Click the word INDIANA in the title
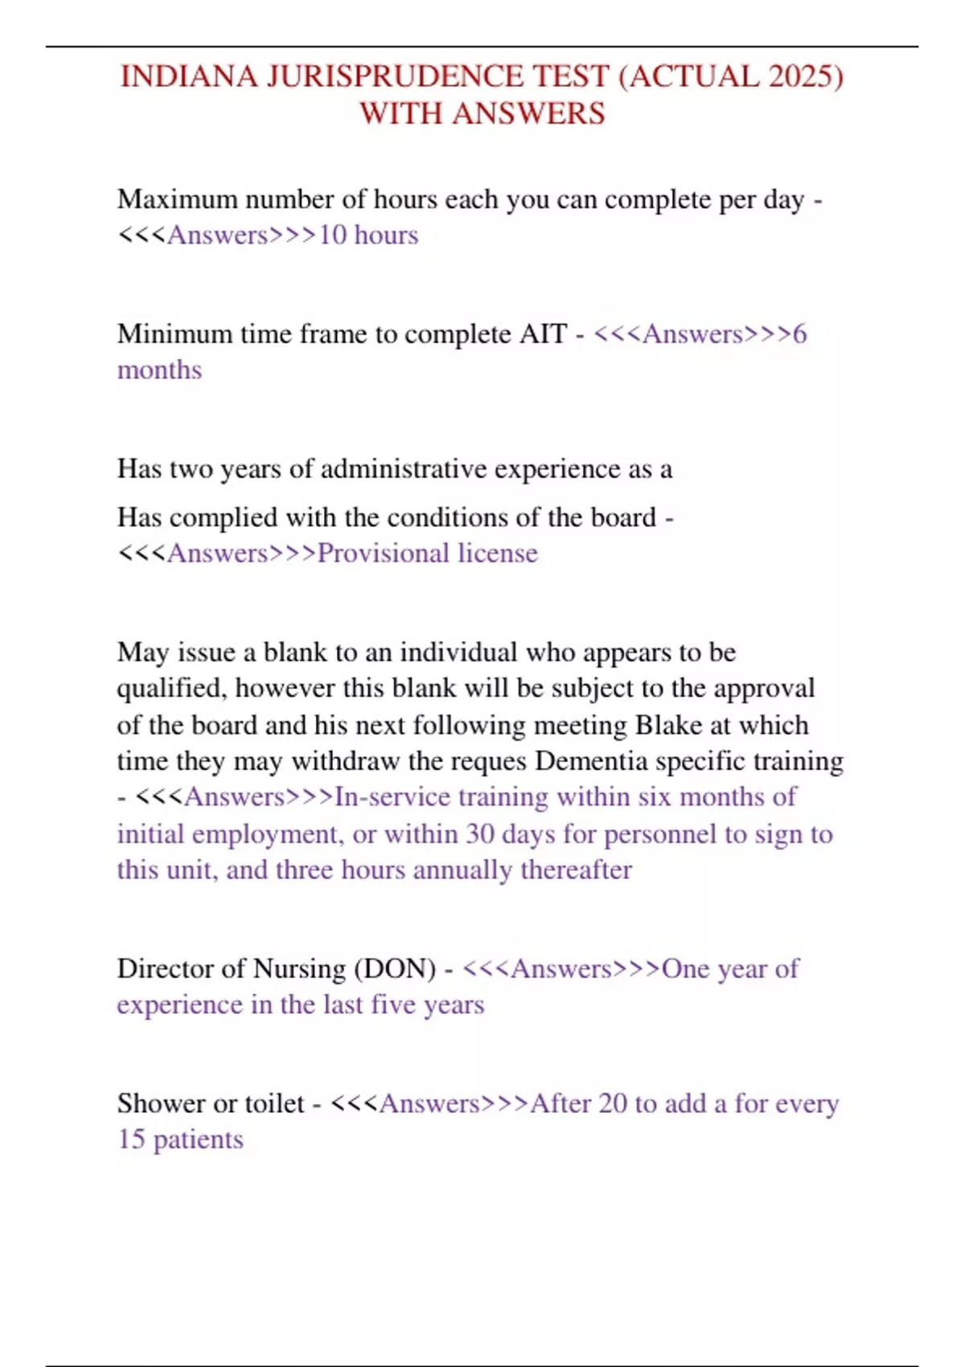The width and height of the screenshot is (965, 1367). click(x=189, y=77)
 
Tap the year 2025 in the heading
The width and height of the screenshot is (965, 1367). click(x=805, y=77)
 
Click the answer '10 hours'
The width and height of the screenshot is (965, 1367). click(x=368, y=235)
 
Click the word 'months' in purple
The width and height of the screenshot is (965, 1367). click(x=159, y=370)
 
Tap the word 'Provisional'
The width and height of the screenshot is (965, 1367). click(x=383, y=553)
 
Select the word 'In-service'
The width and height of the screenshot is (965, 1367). click(x=392, y=797)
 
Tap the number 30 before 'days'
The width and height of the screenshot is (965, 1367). click(x=480, y=834)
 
